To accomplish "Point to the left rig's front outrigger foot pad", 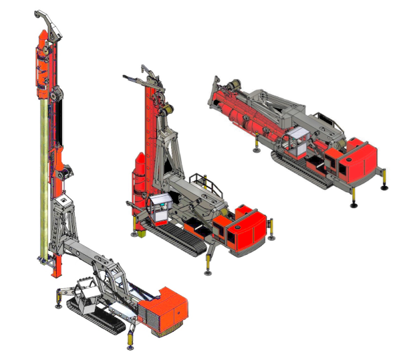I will [x=130, y=345].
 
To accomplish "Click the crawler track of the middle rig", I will [x=177, y=237].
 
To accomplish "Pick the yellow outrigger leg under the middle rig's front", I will [x=209, y=264].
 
